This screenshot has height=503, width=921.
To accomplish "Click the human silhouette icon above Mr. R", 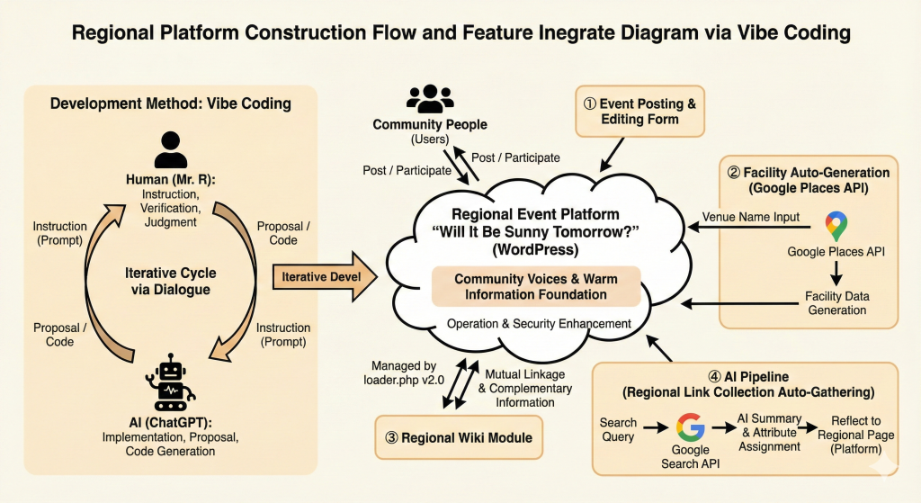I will [x=171, y=149].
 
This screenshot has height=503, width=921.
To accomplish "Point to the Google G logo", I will [x=691, y=427].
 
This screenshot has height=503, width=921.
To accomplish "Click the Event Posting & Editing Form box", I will [x=639, y=112].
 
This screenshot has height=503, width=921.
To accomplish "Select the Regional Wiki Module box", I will [x=459, y=437].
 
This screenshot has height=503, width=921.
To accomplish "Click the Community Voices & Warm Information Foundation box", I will [x=537, y=286].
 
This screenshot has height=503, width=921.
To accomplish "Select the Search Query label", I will [x=618, y=429].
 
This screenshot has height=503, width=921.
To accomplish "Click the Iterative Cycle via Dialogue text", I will [x=171, y=281].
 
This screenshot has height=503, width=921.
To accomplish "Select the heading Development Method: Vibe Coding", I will [x=171, y=103].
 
